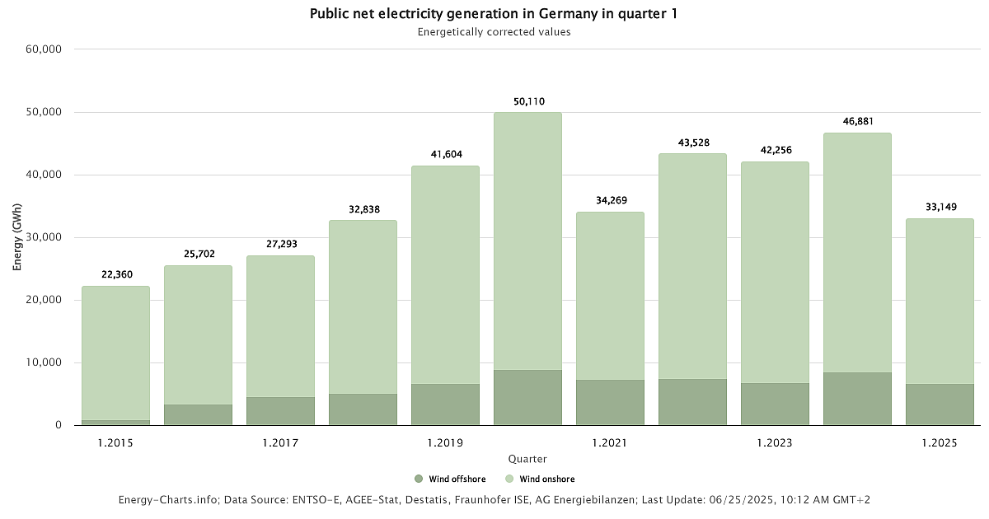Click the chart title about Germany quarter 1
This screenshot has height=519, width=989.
tap(494, 14)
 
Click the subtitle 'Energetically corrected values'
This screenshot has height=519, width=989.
tap(494, 32)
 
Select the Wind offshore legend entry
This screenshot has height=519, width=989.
tap(450, 479)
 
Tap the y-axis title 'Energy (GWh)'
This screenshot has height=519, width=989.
tap(17, 237)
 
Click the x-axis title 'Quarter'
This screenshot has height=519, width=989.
tap(527, 459)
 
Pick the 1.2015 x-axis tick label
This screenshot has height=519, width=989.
tap(115, 443)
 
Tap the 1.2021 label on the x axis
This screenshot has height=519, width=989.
tap(610, 443)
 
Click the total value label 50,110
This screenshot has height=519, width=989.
tap(527, 101)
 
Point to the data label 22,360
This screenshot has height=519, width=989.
tap(115, 274)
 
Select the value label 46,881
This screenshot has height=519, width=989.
tap(857, 121)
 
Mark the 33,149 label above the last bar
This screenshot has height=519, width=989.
tap(940, 207)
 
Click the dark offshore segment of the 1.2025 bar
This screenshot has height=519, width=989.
tap(940, 404)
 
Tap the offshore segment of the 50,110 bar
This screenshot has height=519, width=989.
tap(527, 397)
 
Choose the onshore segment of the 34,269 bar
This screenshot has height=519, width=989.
tap(610, 296)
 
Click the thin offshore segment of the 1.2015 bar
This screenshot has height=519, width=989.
tap(115, 423)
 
